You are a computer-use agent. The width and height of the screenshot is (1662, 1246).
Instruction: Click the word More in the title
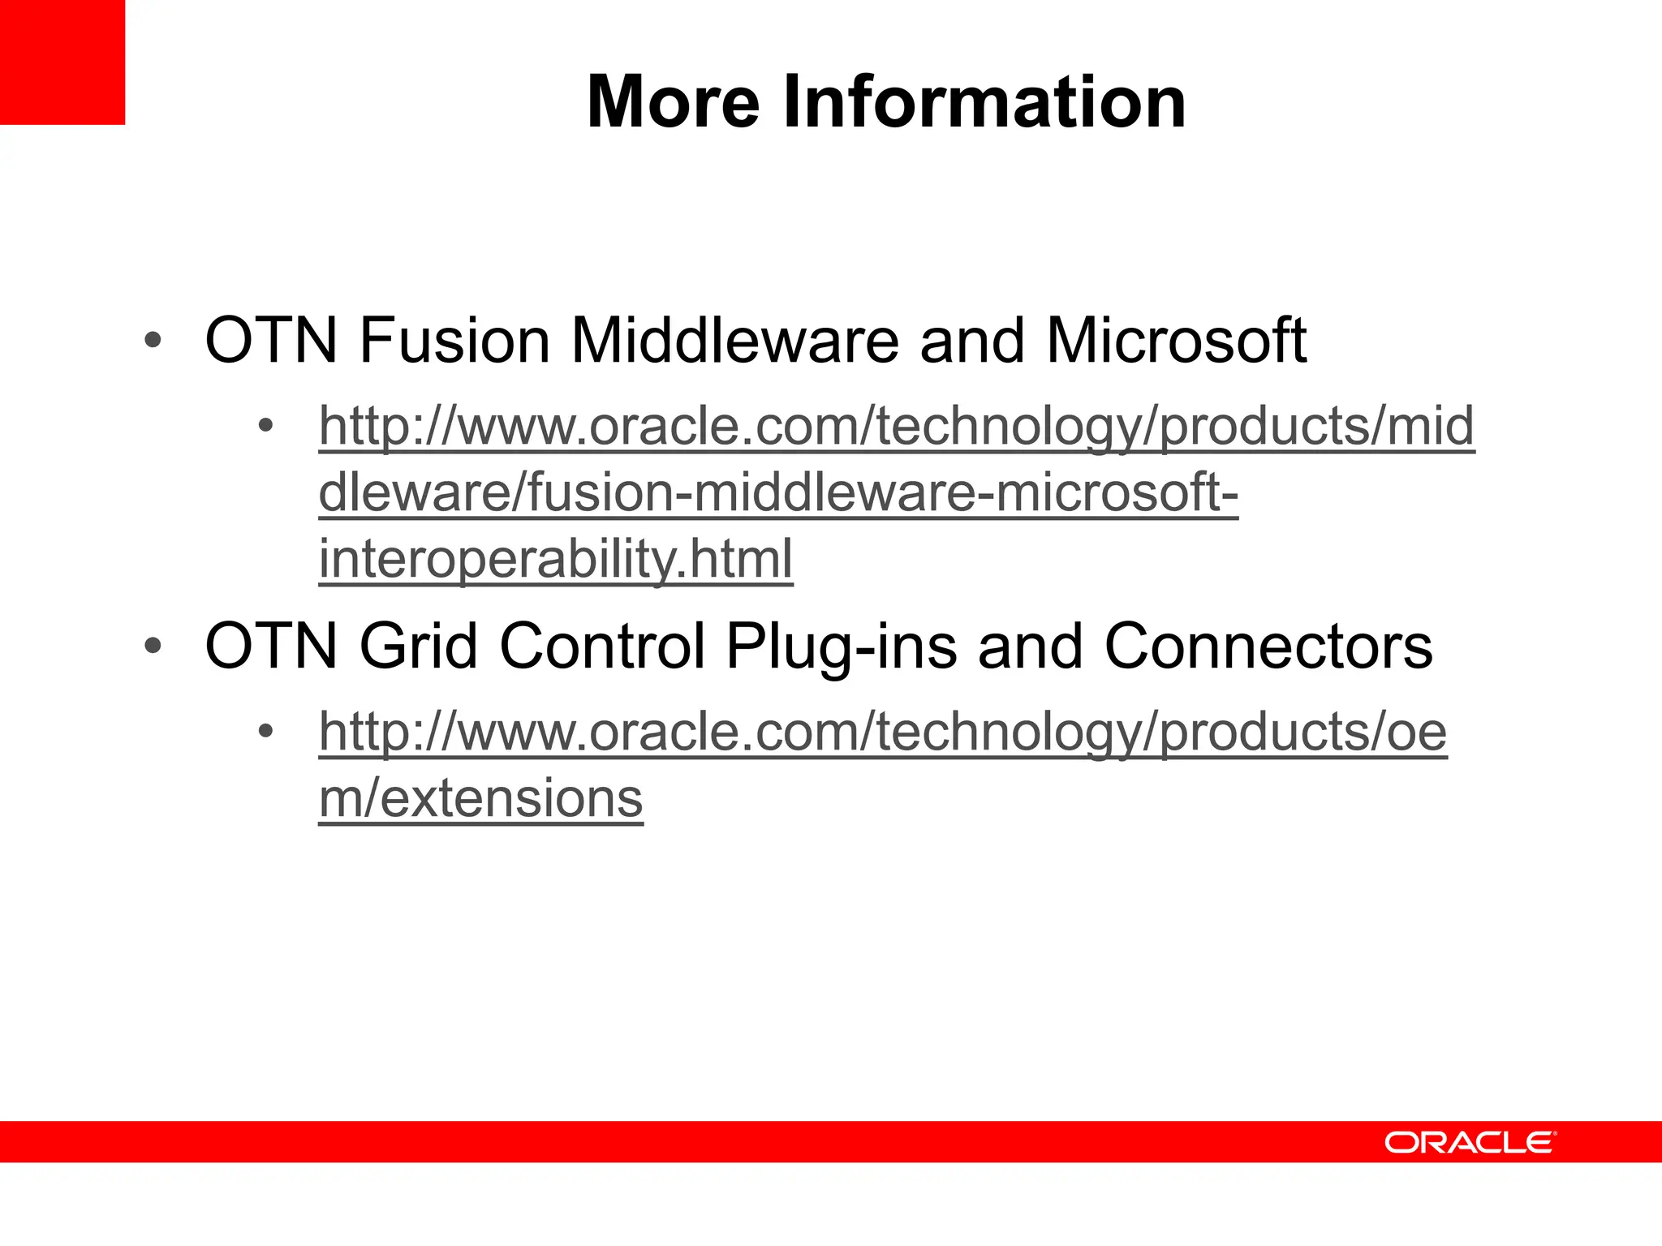pyautogui.click(x=673, y=102)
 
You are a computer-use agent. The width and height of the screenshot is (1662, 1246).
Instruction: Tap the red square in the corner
pyautogui.click(x=62, y=62)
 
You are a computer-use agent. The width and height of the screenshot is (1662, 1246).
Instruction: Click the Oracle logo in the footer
pyautogui.click(x=1470, y=1142)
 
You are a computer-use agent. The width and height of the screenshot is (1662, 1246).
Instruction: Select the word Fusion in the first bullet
pyautogui.click(x=454, y=340)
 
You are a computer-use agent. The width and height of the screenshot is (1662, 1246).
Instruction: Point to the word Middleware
pyautogui.click(x=734, y=340)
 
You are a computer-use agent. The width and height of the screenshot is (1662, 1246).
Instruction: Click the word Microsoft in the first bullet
pyautogui.click(x=1176, y=340)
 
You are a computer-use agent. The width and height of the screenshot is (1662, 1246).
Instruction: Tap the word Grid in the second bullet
pyautogui.click(x=418, y=647)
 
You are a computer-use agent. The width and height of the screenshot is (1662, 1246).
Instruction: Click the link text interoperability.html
pyautogui.click(x=556, y=559)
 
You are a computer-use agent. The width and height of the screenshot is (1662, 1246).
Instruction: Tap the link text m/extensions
pyautogui.click(x=480, y=798)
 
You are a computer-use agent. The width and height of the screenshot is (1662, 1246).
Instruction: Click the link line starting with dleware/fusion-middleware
pyautogui.click(x=778, y=492)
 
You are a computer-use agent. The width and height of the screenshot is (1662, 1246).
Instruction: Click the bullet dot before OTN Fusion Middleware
pyautogui.click(x=153, y=341)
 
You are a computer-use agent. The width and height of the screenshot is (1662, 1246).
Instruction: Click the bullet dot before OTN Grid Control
pyautogui.click(x=153, y=647)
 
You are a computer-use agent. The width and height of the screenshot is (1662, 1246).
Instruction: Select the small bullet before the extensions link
pyautogui.click(x=265, y=732)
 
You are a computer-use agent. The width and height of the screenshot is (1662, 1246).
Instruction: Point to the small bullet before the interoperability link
pyautogui.click(x=265, y=425)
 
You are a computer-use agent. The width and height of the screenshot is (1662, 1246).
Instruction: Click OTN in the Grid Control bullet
pyautogui.click(x=271, y=647)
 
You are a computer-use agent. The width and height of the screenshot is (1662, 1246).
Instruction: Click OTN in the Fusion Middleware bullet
pyautogui.click(x=271, y=340)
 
